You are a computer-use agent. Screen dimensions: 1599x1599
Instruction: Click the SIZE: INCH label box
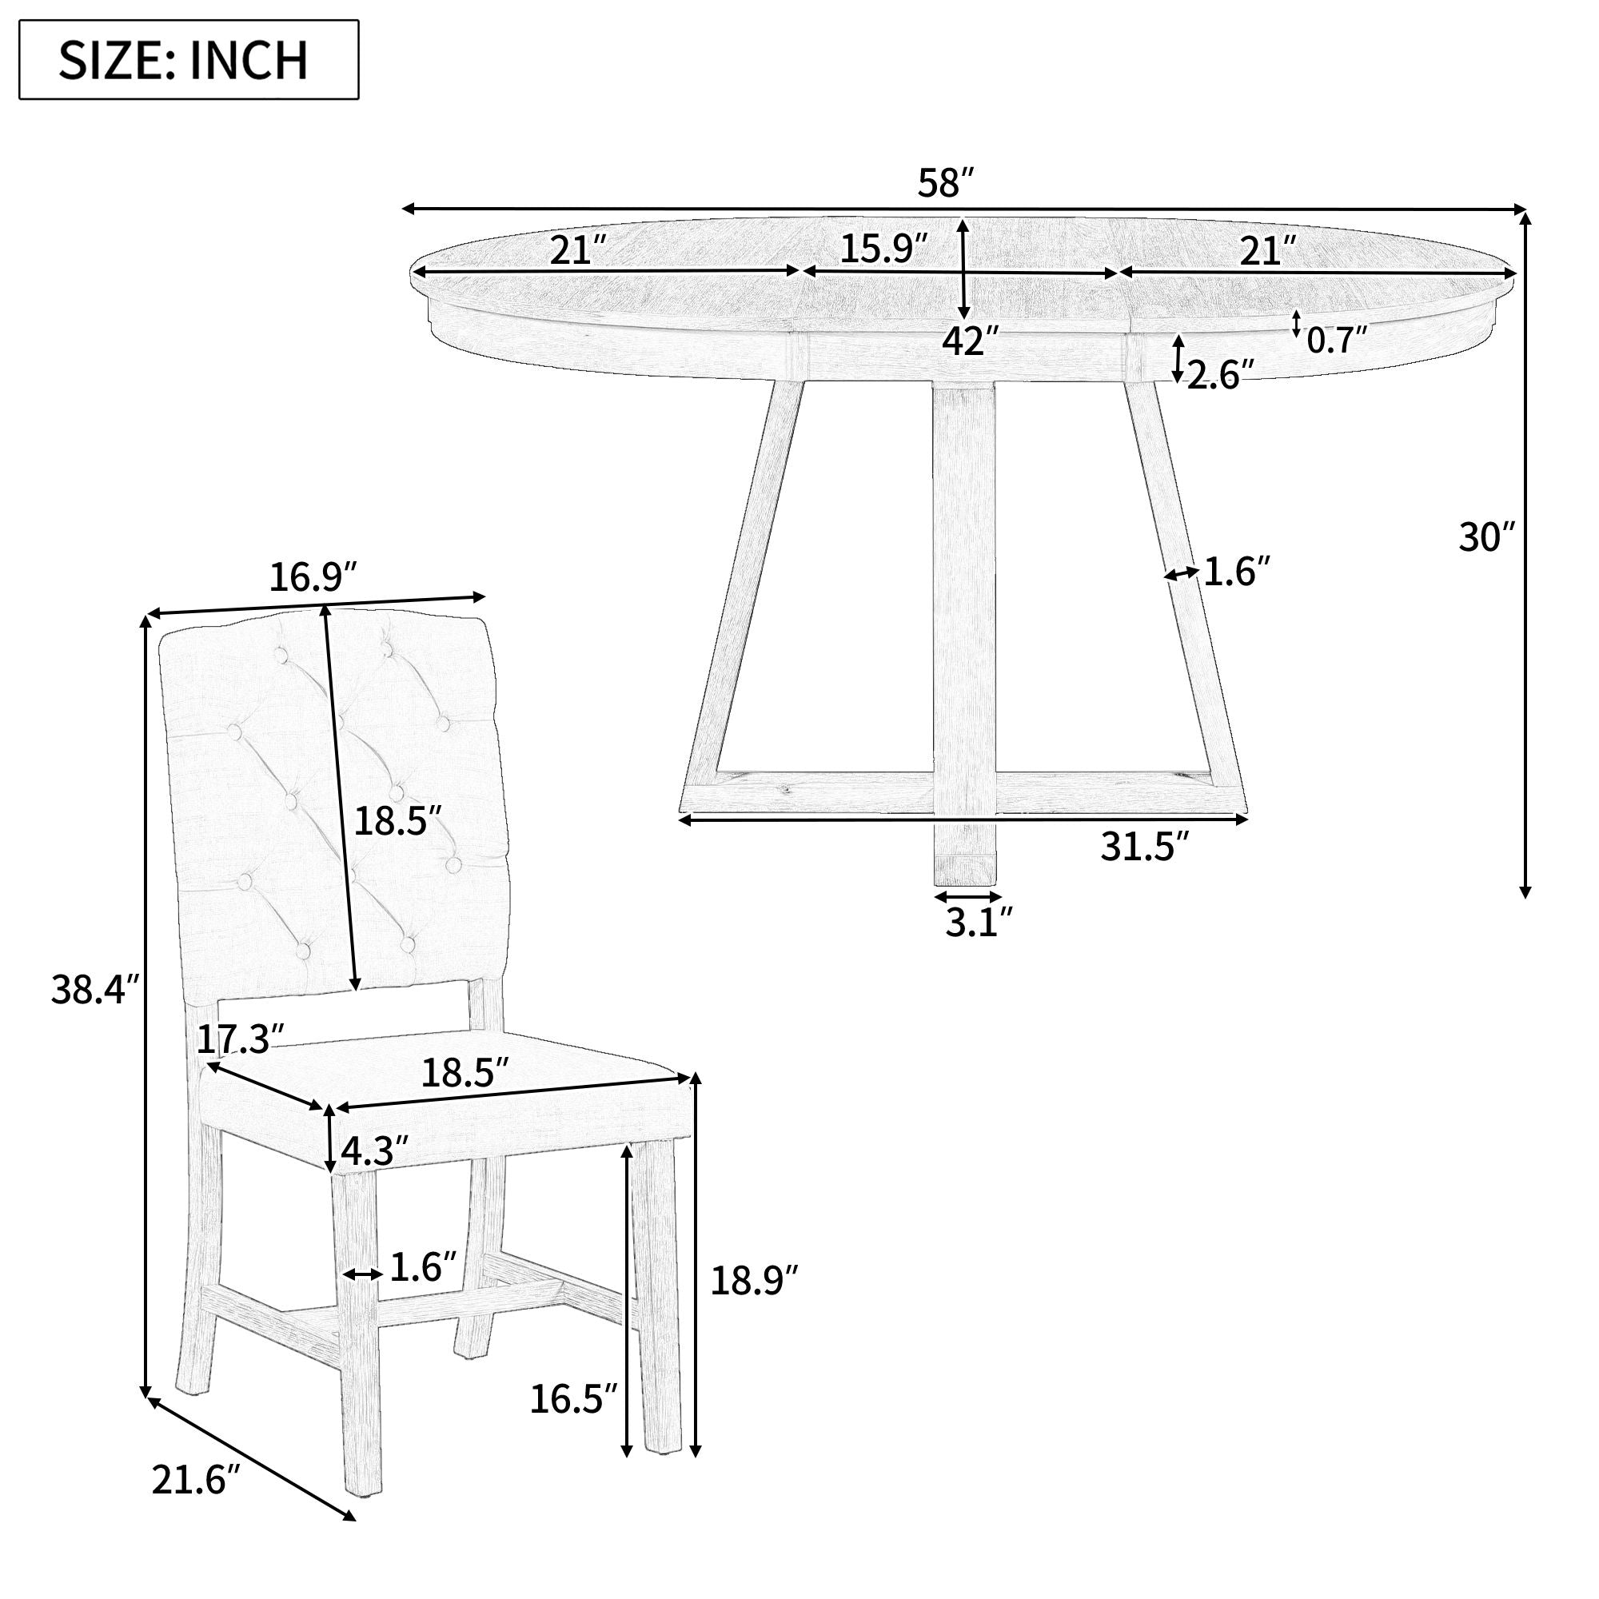coord(189,60)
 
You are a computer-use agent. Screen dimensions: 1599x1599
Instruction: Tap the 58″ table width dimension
coord(947,183)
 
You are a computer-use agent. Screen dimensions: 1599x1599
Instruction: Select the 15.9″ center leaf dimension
coord(884,249)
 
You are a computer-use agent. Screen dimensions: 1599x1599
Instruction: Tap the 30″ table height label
coord(1486,537)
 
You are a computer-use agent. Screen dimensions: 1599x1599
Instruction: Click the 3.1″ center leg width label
coord(979,922)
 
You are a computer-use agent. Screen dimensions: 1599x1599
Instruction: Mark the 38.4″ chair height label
coord(96,988)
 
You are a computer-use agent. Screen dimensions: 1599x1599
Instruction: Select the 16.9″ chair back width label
coord(313,578)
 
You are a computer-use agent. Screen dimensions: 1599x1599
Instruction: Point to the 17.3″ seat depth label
coord(240,1039)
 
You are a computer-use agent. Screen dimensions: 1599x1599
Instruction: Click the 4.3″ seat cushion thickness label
coord(375,1150)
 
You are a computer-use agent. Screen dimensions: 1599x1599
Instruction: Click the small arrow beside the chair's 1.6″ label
coord(361,1274)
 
